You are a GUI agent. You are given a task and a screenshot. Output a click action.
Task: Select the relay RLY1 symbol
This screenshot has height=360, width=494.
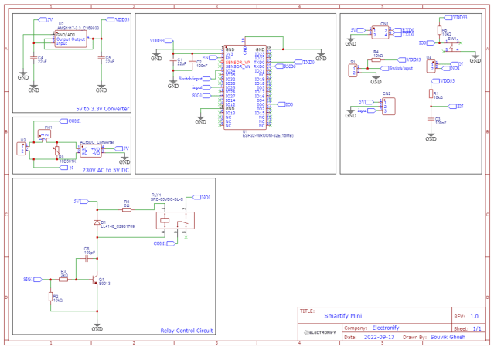[x=173, y=223]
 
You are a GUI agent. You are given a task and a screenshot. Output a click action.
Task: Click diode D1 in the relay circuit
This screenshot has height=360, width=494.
[x=96, y=224]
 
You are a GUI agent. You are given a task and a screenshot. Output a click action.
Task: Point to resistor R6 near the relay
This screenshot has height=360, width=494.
[x=127, y=206]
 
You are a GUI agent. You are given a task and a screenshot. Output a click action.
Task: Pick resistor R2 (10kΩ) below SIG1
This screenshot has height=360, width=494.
[x=50, y=297]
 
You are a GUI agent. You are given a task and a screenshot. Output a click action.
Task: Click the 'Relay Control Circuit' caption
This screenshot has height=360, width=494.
[x=186, y=331]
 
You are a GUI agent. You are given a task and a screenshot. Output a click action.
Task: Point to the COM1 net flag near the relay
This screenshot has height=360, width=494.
[x=160, y=243]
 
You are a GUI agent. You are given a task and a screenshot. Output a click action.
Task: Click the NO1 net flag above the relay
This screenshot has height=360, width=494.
[x=204, y=198]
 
